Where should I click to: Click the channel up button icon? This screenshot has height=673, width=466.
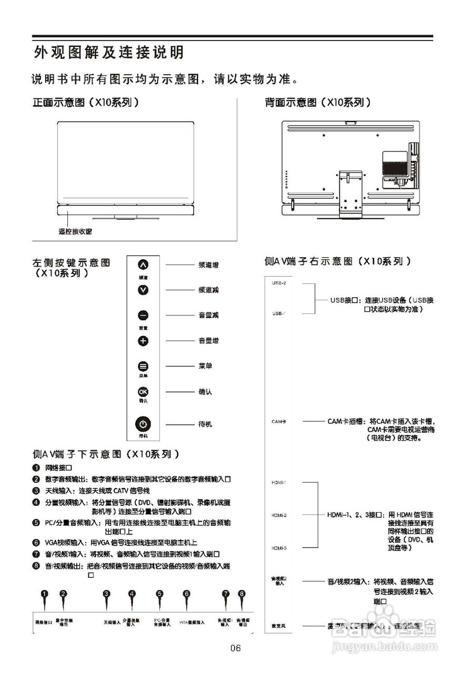coord(143,265)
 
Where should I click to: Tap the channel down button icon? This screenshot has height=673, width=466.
coord(143,290)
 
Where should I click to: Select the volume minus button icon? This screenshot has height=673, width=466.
coord(143,315)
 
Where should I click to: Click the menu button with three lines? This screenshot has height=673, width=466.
coord(143,366)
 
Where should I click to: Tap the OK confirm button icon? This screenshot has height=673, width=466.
coord(143,392)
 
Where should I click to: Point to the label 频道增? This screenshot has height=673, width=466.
coord(209,265)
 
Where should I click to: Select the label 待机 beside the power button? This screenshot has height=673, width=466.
coord(206,424)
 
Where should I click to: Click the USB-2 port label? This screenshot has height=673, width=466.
coord(279,283)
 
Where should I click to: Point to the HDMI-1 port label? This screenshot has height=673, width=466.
coord(279,482)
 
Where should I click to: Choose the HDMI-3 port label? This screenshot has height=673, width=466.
coord(279,548)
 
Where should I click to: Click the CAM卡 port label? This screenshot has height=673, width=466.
coord(279,422)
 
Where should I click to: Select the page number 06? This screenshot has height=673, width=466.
coord(236,648)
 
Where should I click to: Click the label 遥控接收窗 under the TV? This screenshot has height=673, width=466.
coord(78,231)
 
